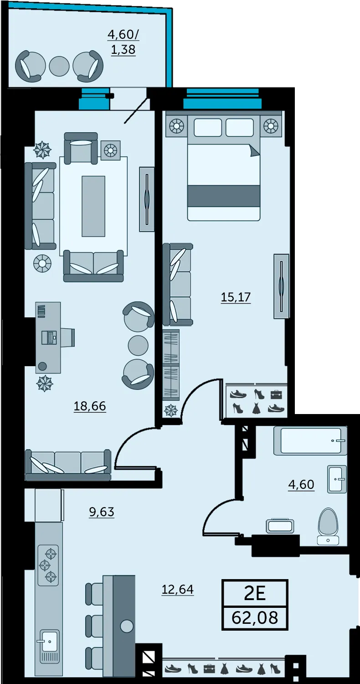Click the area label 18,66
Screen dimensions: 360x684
coord(90,406)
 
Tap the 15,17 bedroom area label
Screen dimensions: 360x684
coord(236,297)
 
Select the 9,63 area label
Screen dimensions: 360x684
coord(102,512)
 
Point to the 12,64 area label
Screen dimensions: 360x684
coord(178,589)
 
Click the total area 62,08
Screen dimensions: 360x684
coord(255,617)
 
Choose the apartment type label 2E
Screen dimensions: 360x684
coord(255,594)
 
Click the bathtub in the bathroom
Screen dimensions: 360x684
coord(311,441)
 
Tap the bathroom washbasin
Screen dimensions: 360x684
coord(337,479)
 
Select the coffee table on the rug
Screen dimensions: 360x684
coord(93,206)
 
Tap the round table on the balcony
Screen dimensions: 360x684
coord(59,66)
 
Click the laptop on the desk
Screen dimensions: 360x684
coord(49,338)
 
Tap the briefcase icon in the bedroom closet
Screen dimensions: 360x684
coord(277,395)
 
